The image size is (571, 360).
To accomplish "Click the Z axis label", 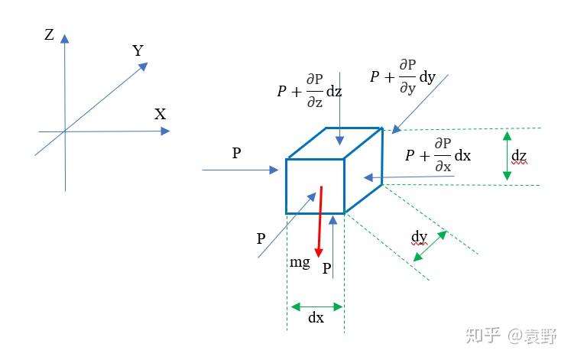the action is click(x=49, y=34).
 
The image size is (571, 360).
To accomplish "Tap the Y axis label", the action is click(x=138, y=50).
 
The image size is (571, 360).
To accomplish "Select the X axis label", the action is click(x=160, y=115).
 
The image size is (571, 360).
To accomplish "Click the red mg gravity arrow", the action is click(x=320, y=222).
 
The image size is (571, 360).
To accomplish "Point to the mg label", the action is click(x=300, y=262).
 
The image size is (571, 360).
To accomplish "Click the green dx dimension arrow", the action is click(x=316, y=306).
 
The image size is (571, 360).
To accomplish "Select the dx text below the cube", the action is click(x=316, y=318).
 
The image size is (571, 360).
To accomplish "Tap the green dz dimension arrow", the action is click(x=506, y=157).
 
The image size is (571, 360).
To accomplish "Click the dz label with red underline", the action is click(x=520, y=157).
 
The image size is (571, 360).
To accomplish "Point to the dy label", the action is click(x=419, y=236).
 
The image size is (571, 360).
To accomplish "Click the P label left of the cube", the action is click(x=237, y=154).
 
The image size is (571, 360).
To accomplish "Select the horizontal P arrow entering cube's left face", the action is click(x=241, y=170).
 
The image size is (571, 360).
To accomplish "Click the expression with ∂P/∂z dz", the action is click(x=310, y=90).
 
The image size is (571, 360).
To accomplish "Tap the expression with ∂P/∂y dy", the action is click(x=403, y=76).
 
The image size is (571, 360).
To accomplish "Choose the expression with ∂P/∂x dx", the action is click(x=438, y=154).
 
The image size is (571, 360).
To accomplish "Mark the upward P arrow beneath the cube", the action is click(x=333, y=245).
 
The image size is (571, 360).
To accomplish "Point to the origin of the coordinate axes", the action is click(x=65, y=131).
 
